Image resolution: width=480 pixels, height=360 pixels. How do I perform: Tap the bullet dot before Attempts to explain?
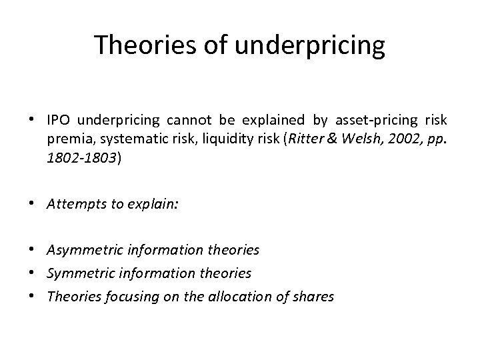33,204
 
